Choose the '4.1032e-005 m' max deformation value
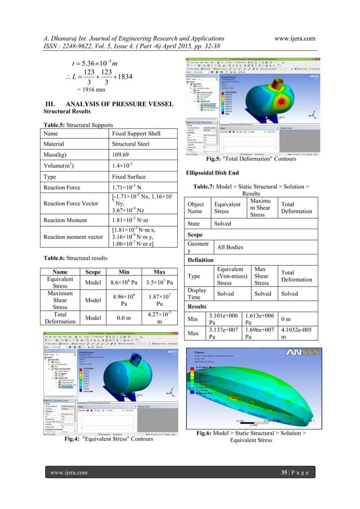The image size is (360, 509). [296, 334]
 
